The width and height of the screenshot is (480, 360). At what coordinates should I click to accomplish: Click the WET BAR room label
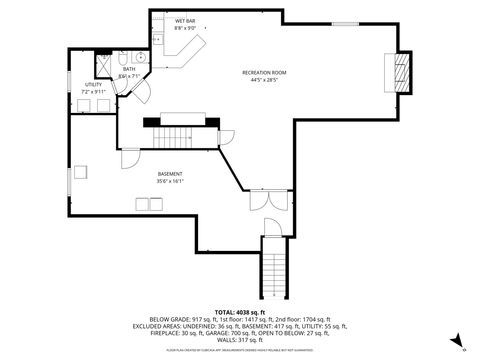point(185,21)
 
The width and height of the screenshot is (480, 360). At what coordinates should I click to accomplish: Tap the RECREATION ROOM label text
point(265,73)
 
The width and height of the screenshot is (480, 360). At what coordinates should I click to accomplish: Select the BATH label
point(129,69)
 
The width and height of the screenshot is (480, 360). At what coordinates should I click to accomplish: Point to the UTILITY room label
point(93,86)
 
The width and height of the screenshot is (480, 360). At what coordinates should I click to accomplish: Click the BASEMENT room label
point(169,174)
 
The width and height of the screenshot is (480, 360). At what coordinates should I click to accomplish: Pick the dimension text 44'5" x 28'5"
point(265,81)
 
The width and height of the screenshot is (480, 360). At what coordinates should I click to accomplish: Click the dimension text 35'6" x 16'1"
point(169,182)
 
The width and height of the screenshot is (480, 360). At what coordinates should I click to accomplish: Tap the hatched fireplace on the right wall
point(402,72)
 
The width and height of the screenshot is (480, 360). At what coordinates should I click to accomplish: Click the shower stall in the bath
point(104,61)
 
